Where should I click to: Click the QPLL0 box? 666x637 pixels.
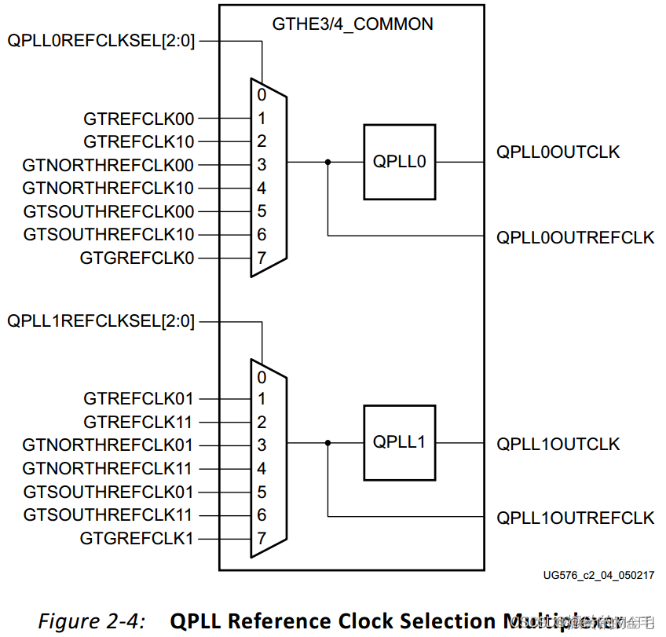click(x=399, y=162)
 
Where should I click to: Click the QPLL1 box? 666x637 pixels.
click(x=399, y=443)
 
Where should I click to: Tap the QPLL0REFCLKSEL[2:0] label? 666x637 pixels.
click(x=101, y=39)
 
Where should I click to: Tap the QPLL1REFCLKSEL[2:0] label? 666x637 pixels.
click(x=101, y=321)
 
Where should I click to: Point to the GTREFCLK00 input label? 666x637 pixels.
click(x=139, y=119)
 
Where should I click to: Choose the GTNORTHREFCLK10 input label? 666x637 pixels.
click(x=108, y=189)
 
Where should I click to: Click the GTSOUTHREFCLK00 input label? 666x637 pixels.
click(x=108, y=211)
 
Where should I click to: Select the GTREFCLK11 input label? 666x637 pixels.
click(x=139, y=422)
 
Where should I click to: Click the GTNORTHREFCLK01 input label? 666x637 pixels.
click(x=108, y=445)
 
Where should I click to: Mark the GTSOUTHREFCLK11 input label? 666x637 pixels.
click(x=108, y=515)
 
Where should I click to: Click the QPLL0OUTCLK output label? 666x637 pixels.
click(x=558, y=152)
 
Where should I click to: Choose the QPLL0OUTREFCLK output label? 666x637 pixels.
click(x=575, y=238)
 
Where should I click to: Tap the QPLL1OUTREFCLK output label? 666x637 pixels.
click(x=575, y=518)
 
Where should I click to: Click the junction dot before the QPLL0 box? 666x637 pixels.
click(x=328, y=162)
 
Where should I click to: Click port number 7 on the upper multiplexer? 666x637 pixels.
click(x=262, y=258)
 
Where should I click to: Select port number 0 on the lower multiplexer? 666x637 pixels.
click(x=262, y=377)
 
